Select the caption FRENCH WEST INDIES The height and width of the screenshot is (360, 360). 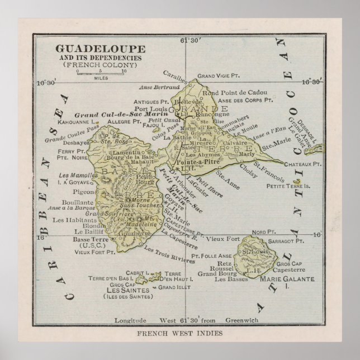coord(180,333)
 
